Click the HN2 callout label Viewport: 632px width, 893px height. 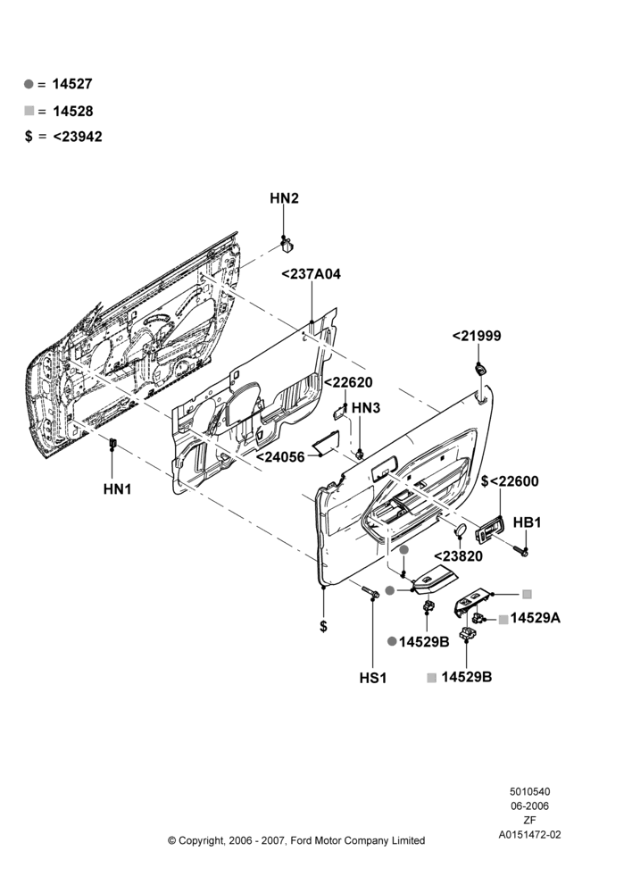(284, 198)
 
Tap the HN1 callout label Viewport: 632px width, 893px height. (117, 488)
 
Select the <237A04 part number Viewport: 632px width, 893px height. (311, 274)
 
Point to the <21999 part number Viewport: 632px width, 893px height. (477, 336)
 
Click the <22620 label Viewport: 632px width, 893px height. (348, 382)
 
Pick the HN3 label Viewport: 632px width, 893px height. (365, 408)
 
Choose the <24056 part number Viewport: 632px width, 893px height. (280, 456)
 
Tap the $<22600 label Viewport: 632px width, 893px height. (510, 481)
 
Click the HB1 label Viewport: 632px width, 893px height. (528, 522)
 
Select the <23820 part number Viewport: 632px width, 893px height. (458, 555)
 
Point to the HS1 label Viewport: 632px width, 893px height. (373, 678)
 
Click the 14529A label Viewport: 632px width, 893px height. (536, 617)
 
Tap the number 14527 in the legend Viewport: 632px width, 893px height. (72, 84)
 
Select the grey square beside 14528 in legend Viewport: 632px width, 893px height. (29, 111)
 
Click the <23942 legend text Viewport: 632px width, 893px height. (78, 137)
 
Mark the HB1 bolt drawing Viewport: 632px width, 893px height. (520, 550)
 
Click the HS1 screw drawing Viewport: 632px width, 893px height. (370, 592)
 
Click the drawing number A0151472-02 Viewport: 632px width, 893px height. (529, 835)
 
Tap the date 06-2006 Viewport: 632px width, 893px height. (529, 805)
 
